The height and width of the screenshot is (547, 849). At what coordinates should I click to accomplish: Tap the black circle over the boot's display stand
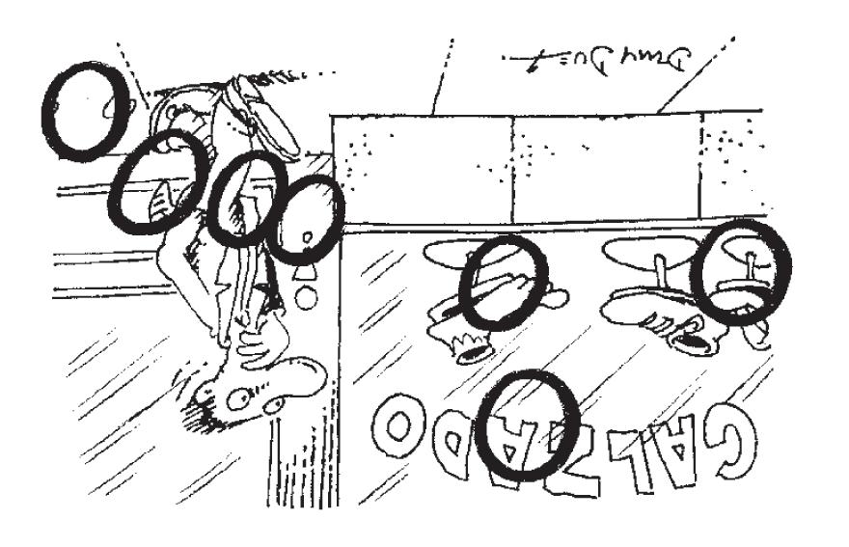point(503,282)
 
